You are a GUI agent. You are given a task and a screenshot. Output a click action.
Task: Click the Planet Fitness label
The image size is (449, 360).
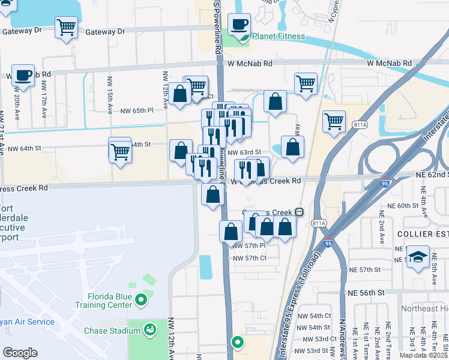(278, 37)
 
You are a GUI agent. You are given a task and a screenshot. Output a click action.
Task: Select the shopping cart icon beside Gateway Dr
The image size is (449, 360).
(66, 27)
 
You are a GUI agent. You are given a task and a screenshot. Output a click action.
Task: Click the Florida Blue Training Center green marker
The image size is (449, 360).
(141, 299)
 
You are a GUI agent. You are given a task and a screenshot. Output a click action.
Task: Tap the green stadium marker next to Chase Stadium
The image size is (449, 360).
(150, 329)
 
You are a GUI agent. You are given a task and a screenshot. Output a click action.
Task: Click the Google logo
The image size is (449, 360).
(20, 353)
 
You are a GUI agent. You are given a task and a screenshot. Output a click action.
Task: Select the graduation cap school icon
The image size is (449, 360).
(418, 257)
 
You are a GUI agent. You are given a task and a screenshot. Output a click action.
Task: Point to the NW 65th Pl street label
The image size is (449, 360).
(137, 111)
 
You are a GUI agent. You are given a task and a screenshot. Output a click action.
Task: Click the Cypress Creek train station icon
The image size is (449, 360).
(298, 212)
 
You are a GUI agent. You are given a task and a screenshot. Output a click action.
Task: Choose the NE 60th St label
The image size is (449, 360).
(403, 206)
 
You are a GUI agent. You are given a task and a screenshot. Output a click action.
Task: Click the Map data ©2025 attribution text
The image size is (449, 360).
(423, 355)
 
